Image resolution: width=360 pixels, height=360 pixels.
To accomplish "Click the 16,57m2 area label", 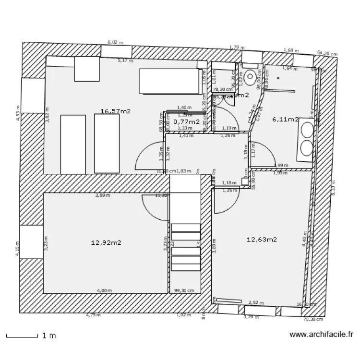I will tap(115, 111).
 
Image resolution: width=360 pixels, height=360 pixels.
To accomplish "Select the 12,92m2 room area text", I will tap(106, 243).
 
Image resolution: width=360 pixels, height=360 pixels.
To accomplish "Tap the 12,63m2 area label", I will tap(262, 240).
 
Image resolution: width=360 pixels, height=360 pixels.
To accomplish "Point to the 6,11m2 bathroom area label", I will tap(285, 120).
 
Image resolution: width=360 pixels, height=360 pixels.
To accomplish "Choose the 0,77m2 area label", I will tap(186, 122).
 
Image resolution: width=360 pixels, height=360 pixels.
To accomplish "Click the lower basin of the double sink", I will tap(306, 147).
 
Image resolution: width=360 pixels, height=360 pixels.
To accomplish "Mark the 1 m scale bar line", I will tap(22, 336).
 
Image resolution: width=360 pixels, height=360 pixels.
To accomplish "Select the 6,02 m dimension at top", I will tap(115, 42).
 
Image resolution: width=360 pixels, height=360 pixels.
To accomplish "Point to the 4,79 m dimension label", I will tap(93, 315).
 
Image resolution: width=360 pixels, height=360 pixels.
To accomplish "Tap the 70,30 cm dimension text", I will tap(313, 319).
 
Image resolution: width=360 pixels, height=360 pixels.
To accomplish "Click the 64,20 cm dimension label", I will tap(326, 54).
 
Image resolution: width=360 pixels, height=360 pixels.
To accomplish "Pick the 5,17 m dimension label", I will tap(125, 60).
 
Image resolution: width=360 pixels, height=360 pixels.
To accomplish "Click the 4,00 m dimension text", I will tap(104, 290).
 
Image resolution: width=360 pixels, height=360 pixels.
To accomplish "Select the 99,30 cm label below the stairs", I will tap(184, 290).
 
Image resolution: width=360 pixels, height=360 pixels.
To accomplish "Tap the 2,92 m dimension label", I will tap(256, 303).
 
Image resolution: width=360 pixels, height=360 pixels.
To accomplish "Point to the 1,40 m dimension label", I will tap(184, 108).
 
